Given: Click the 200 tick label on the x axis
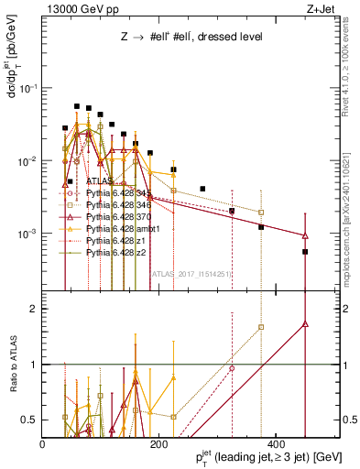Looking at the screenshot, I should click(x=158, y=444).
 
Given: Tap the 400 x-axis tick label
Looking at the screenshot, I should click(x=274, y=444).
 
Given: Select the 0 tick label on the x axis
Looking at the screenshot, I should click(x=43, y=444).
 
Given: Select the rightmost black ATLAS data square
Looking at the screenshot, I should click(x=305, y=251).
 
